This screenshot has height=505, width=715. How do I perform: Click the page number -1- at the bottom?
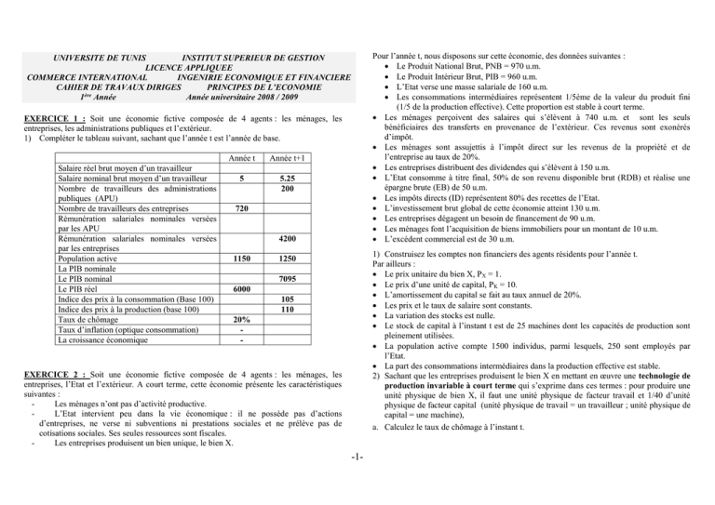pyautogui.click(x=357, y=483)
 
